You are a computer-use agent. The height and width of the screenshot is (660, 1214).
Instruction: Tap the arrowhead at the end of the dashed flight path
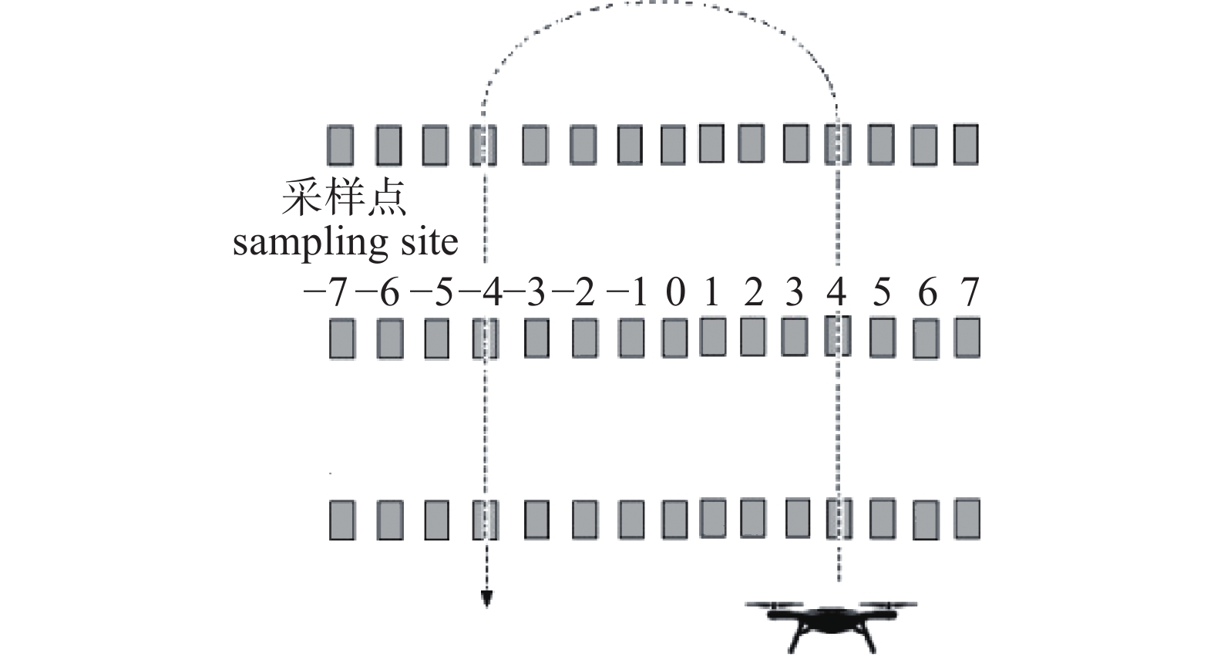(486, 598)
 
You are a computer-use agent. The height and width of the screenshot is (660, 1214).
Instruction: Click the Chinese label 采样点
(344, 199)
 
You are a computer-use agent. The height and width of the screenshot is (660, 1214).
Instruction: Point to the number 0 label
(675, 294)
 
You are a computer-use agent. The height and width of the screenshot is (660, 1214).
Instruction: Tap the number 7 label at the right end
(969, 294)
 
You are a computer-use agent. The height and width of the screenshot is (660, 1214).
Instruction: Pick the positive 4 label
(836, 294)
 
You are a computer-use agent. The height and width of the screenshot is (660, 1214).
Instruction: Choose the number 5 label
(882, 294)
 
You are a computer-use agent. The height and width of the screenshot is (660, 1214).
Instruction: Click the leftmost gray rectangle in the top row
(340, 145)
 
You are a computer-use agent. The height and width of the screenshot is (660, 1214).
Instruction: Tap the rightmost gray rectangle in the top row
(966, 144)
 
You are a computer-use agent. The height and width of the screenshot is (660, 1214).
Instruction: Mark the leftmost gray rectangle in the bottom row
(341, 520)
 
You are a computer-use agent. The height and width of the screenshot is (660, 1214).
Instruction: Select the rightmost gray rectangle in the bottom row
(967, 518)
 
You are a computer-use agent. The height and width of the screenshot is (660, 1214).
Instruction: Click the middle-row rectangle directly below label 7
(967, 338)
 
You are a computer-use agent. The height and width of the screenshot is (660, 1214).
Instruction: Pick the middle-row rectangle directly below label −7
(341, 339)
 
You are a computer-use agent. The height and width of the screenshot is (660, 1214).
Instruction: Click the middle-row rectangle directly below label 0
(674, 339)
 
